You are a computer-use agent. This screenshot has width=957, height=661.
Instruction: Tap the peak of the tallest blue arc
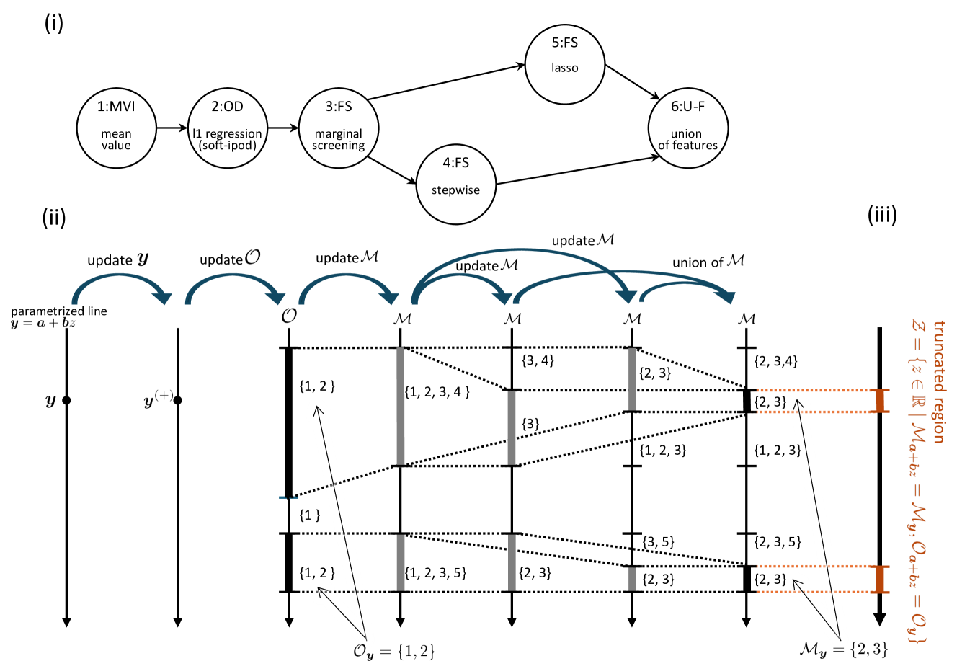tap(520, 250)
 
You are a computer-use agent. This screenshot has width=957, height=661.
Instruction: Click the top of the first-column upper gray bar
tap(401, 350)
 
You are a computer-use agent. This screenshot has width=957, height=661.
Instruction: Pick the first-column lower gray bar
tap(401, 562)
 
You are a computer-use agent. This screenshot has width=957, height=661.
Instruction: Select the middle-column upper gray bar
tap(512, 427)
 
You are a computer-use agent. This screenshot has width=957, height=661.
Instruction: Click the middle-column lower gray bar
tap(512, 562)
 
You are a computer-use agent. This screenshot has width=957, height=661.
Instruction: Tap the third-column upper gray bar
tap(632, 379)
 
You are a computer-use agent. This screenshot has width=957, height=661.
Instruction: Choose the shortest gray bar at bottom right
tap(632, 579)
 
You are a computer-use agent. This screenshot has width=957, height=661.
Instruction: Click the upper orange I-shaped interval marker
tap(880, 401)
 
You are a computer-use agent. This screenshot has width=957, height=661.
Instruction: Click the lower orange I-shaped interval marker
tap(880, 579)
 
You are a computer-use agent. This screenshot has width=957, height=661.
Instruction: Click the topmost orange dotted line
tap(814, 390)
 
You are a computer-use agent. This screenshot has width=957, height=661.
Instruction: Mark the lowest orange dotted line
tap(814, 592)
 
